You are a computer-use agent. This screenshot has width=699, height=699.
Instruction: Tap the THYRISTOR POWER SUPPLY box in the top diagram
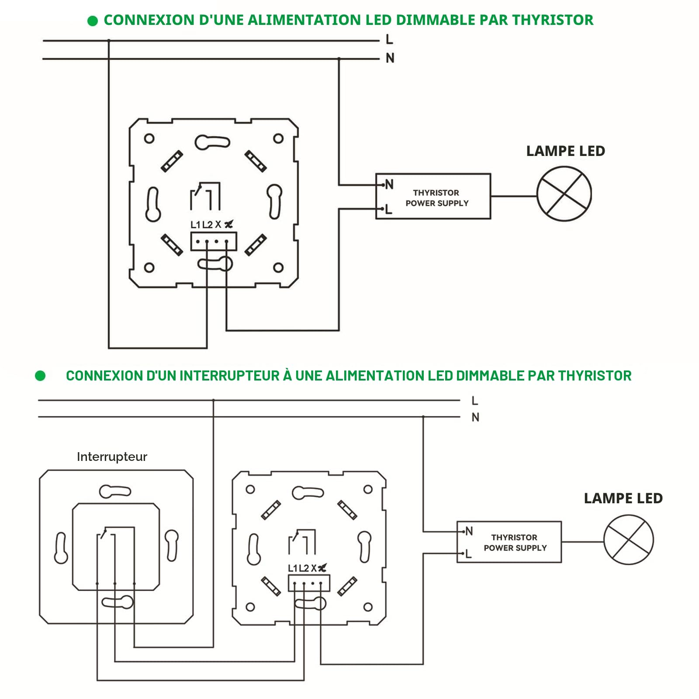point(433,197)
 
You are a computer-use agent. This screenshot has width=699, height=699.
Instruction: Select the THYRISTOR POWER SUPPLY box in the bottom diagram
point(509,542)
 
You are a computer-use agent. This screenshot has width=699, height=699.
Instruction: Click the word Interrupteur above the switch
point(112,457)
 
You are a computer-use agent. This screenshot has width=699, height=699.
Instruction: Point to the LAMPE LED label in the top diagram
point(565,151)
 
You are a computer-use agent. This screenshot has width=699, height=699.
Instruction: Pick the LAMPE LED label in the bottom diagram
point(623,498)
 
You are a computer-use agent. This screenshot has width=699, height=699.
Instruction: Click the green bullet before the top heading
point(93,21)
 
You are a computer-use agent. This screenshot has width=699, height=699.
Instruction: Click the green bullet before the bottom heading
point(40,376)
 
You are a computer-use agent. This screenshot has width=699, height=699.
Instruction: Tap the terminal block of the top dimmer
point(214,242)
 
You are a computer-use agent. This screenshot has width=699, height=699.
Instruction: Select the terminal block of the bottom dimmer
point(309,583)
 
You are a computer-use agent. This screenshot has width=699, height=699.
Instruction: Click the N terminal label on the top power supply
point(389,184)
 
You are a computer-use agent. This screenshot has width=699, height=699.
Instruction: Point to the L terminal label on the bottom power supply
point(468,554)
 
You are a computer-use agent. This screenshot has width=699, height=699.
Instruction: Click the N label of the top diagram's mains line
point(390,58)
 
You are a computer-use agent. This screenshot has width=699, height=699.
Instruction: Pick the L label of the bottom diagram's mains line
point(475,401)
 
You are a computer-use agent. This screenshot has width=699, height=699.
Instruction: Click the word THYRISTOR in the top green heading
point(553,20)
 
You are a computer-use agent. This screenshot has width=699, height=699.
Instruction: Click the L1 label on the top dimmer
point(195,225)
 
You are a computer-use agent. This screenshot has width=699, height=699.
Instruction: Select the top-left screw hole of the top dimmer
point(149,139)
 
